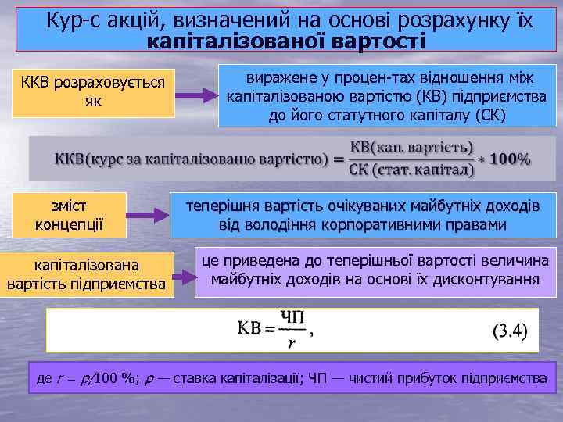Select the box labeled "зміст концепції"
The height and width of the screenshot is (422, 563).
(x=70, y=215)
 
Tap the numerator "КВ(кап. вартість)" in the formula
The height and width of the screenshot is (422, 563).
(x=411, y=148)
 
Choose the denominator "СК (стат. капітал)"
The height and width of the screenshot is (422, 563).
(x=411, y=170)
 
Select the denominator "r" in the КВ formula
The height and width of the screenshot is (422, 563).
(x=292, y=342)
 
